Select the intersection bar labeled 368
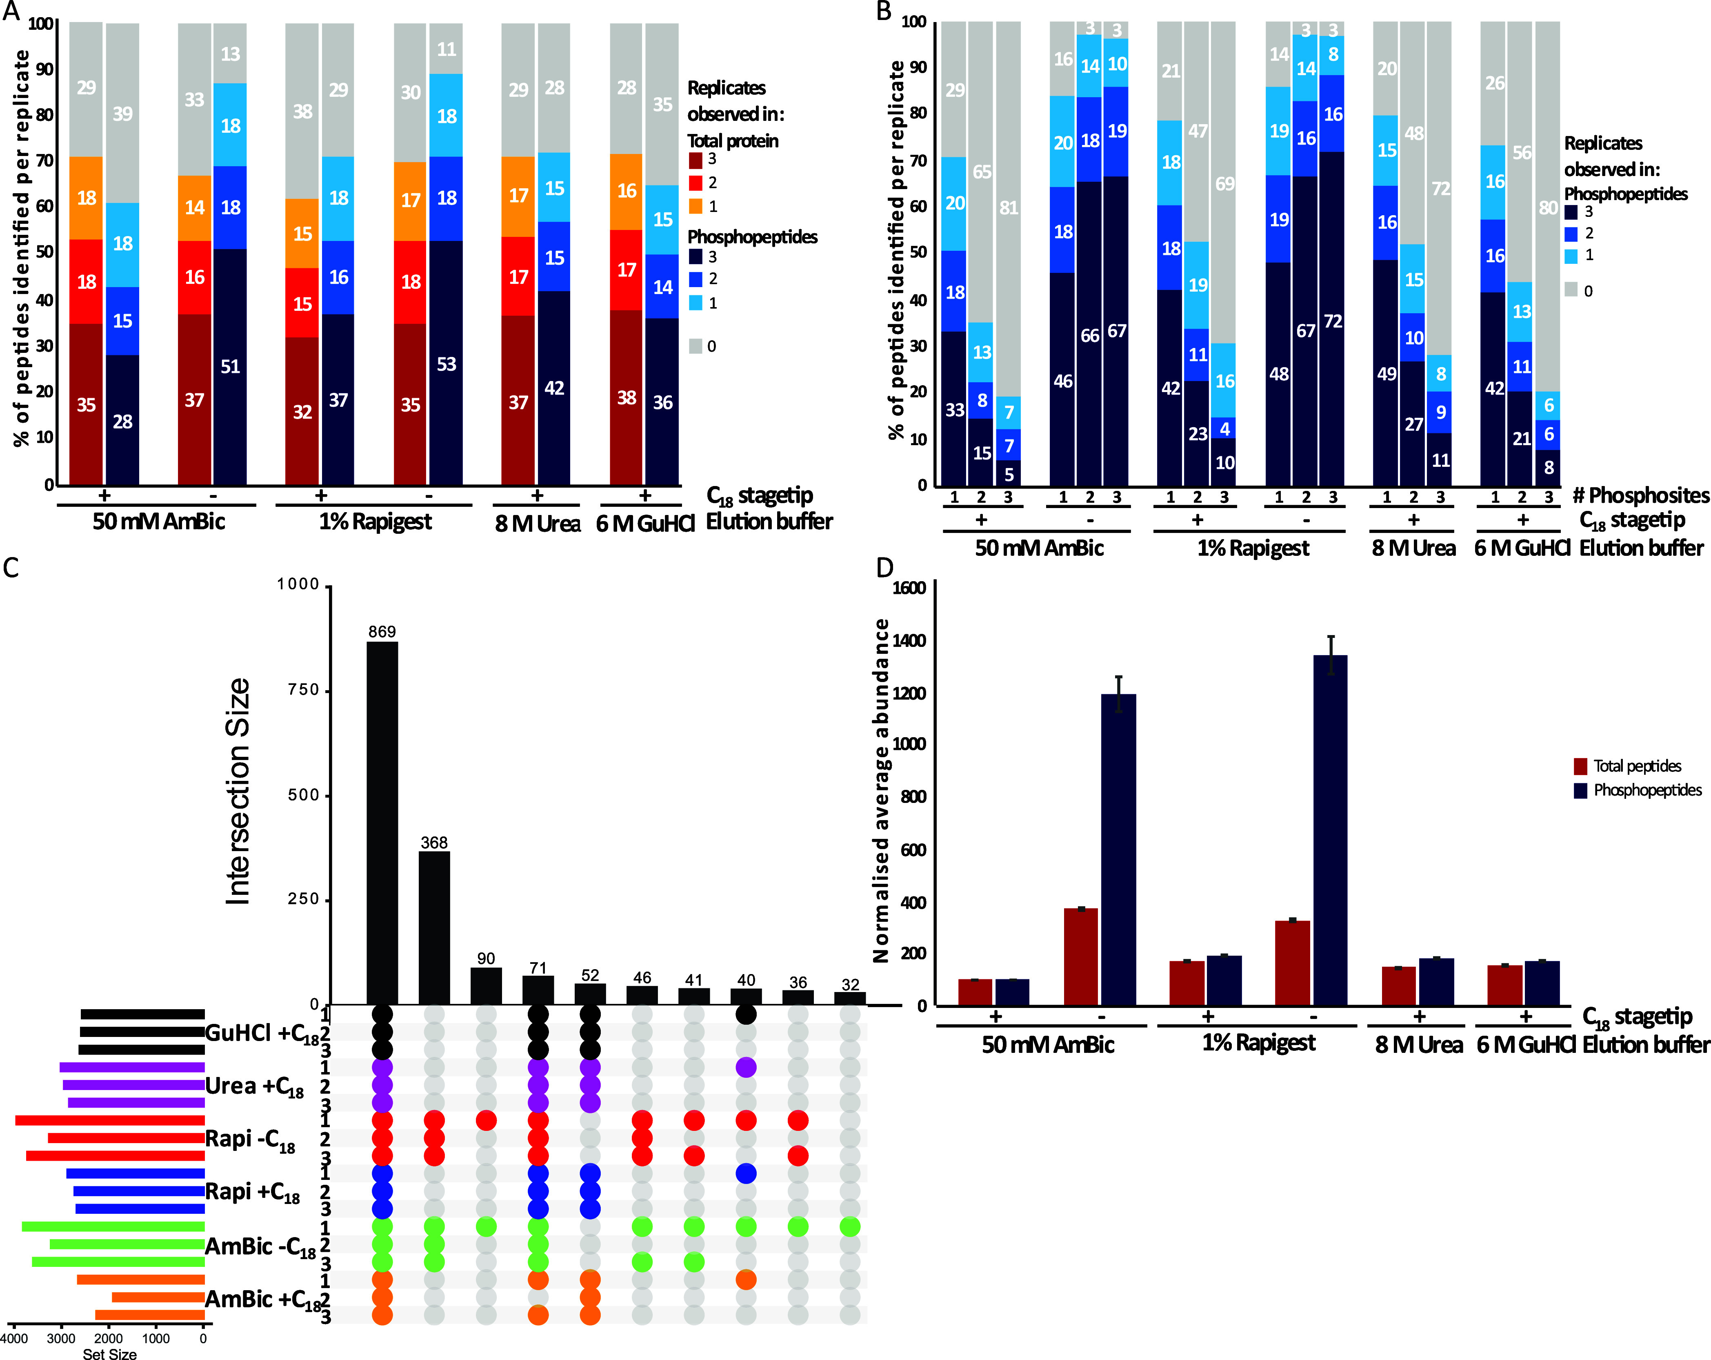coord(434,927)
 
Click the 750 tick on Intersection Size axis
coord(303,690)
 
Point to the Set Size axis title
coord(109,1353)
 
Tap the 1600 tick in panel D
coord(909,588)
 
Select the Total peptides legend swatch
coord(1580,766)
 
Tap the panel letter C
coord(11,569)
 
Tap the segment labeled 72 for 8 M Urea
coord(1440,189)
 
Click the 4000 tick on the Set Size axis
coord(14,1339)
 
